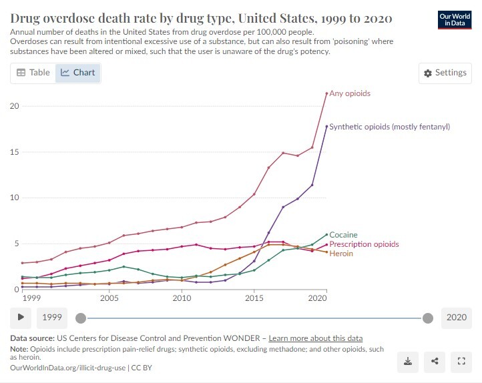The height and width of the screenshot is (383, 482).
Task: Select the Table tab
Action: [33, 72]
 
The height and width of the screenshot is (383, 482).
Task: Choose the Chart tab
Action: [78, 72]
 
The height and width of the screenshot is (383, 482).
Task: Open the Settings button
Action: [445, 73]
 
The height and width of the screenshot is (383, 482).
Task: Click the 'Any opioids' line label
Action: [350, 93]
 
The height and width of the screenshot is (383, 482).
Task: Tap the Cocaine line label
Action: [344, 235]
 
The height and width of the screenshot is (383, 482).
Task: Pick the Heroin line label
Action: [342, 254]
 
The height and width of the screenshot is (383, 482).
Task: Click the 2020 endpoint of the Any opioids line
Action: [326, 93]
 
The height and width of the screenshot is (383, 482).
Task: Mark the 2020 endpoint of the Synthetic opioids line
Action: [326, 127]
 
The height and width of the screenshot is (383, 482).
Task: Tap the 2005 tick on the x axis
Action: [109, 298]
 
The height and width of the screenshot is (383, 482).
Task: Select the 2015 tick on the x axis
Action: [254, 298]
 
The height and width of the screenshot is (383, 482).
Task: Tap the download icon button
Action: [407, 361]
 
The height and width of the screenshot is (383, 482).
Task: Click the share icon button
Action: [435, 361]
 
